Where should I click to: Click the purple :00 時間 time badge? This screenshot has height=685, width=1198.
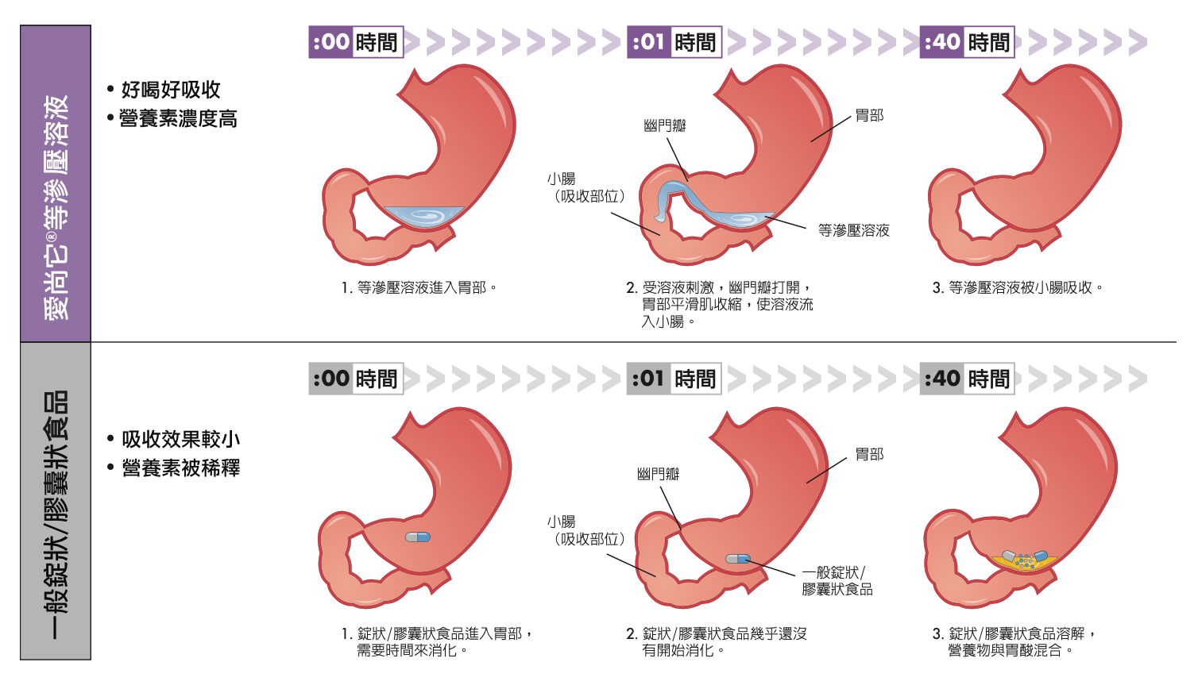[356, 42]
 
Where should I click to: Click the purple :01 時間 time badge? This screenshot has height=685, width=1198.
[674, 42]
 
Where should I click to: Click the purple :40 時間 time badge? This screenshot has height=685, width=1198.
[967, 42]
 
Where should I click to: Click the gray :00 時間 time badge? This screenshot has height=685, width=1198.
[356, 379]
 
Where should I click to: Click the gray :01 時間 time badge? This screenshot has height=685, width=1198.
[674, 379]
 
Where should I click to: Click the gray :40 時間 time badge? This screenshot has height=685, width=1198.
[967, 379]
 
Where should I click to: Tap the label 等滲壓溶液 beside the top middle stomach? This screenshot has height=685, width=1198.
[853, 231]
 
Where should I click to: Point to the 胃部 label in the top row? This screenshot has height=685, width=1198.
[869, 116]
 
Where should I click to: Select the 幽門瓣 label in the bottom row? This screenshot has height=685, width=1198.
[658, 474]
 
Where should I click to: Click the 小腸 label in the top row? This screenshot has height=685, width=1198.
[561, 179]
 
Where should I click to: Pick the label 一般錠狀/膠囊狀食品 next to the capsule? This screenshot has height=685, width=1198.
[837, 581]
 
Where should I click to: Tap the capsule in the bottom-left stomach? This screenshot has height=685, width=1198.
[418, 537]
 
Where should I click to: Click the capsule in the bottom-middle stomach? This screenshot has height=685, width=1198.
[738, 559]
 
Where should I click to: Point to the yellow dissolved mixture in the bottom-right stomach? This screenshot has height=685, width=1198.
[1025, 561]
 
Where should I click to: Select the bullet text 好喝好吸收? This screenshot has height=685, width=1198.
[170, 90]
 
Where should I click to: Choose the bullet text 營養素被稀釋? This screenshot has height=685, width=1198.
[180, 468]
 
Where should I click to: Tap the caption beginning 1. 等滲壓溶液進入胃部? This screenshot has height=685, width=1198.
[419, 287]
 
